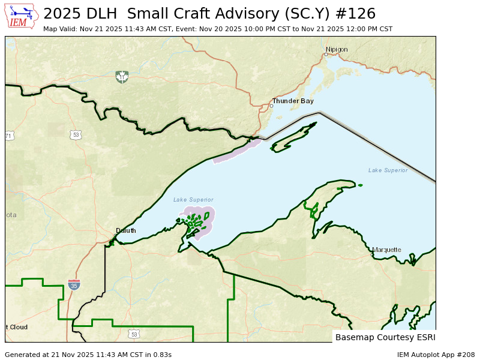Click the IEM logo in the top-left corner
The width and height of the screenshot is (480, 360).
pyautogui.click(x=22, y=16)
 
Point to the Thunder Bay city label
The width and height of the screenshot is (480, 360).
pyautogui.click(x=293, y=101)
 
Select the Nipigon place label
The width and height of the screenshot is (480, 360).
pyautogui.click(x=337, y=49)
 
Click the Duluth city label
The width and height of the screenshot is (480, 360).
pyautogui.click(x=126, y=230)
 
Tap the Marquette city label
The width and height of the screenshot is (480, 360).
pyautogui.click(x=386, y=250)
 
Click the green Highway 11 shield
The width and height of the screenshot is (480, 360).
pyautogui.click(x=122, y=77)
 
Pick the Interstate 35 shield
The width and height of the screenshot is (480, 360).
pyautogui.click(x=74, y=285)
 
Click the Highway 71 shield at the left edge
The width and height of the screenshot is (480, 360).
pyautogui.click(x=9, y=136)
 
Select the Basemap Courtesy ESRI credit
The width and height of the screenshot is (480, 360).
pyautogui.click(x=385, y=337)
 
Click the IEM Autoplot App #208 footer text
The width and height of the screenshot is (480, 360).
pyautogui.click(x=436, y=355)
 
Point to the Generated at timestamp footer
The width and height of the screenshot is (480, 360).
pyautogui.click(x=88, y=355)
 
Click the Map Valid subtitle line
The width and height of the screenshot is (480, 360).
pyautogui.click(x=218, y=29)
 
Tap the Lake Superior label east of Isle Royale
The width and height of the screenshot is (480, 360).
pyautogui.click(x=388, y=170)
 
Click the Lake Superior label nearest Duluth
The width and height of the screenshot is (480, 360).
pyautogui.click(x=193, y=200)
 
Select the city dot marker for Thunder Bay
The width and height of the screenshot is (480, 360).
pyautogui.click(x=271, y=106)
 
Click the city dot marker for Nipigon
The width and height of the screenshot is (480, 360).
pyautogui.click(x=326, y=55)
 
